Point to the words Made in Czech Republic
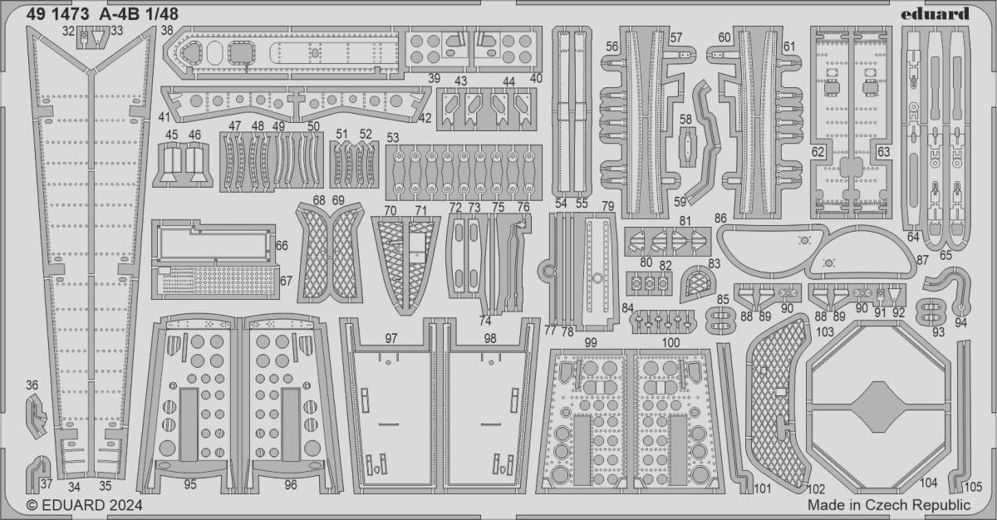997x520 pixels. pyautogui.click(x=888, y=505)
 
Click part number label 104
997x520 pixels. pyautogui.click(x=929, y=483)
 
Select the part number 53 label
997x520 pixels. pyautogui.click(x=393, y=137)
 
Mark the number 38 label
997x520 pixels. pyautogui.click(x=167, y=31)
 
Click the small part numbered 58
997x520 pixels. pyautogui.click(x=685, y=144)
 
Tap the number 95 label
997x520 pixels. pyautogui.click(x=190, y=484)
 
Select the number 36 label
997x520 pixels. pyautogui.click(x=32, y=385)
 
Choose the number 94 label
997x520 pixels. pyautogui.click(x=961, y=324)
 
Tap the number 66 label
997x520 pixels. pyautogui.click(x=282, y=246)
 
